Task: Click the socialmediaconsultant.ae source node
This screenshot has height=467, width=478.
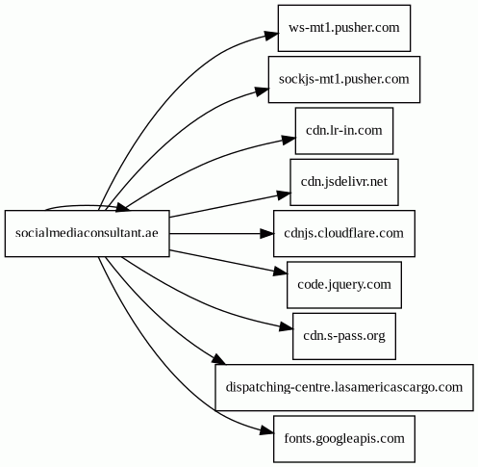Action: click(x=87, y=233)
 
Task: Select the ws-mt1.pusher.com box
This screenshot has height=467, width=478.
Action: click(x=344, y=28)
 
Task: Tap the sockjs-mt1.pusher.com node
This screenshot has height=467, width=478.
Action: click(x=344, y=79)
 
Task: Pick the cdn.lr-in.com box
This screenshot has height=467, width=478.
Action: click(x=344, y=131)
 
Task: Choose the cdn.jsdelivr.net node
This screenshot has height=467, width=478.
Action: click(x=344, y=182)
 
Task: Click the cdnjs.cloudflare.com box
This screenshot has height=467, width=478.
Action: click(x=344, y=233)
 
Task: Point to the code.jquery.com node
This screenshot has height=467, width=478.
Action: click(x=344, y=285)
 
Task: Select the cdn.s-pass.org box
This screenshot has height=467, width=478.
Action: click(x=344, y=336)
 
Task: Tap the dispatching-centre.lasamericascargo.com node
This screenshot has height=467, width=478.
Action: click(x=344, y=387)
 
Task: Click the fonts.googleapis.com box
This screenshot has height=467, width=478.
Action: click(x=344, y=439)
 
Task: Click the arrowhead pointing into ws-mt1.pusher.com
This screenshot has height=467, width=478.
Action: click(x=271, y=35)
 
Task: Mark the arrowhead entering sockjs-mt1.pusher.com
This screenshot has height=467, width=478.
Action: click(x=262, y=91)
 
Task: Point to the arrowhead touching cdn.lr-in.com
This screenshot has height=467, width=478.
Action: click(x=289, y=140)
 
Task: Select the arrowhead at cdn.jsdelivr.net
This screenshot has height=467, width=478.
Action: click(x=284, y=195)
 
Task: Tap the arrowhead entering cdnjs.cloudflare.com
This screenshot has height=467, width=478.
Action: click(x=266, y=233)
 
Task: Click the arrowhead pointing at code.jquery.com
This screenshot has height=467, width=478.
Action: click(x=281, y=272)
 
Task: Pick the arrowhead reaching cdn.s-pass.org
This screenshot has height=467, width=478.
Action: click(x=287, y=327)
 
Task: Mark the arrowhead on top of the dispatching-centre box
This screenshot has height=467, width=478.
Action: click(x=218, y=359)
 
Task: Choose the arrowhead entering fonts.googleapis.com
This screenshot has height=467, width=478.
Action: click(x=266, y=431)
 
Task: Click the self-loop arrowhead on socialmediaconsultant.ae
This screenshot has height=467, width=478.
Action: click(x=123, y=208)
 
